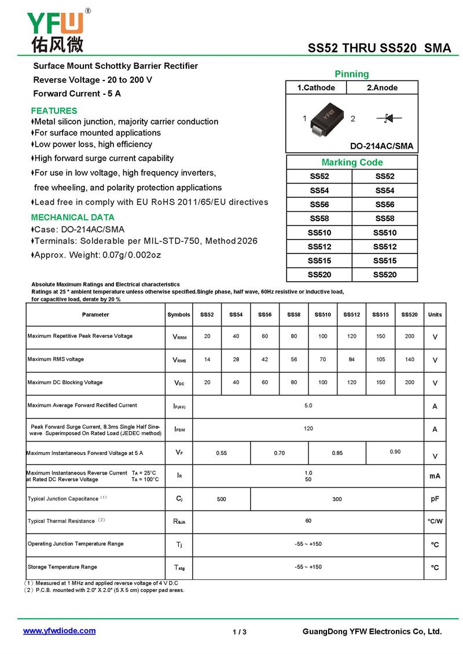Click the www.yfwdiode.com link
tap(59, 631)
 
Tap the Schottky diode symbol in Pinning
tap(389, 119)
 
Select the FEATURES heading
tap(54, 111)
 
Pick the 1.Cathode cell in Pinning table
tap(316, 88)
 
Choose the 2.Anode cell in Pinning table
tap(382, 88)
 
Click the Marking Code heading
tap(352, 163)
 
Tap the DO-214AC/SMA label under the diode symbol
tap(381, 146)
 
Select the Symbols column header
tap(179, 315)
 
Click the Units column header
tap(435, 315)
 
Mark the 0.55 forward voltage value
tap(221, 453)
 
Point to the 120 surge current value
tap(308, 429)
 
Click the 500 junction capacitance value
tap(221, 499)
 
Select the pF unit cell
tap(435, 499)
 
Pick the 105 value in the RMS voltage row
tap(380, 359)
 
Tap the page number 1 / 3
tap(240, 632)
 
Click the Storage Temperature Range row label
tap(62, 567)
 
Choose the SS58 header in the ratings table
tap(294, 315)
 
